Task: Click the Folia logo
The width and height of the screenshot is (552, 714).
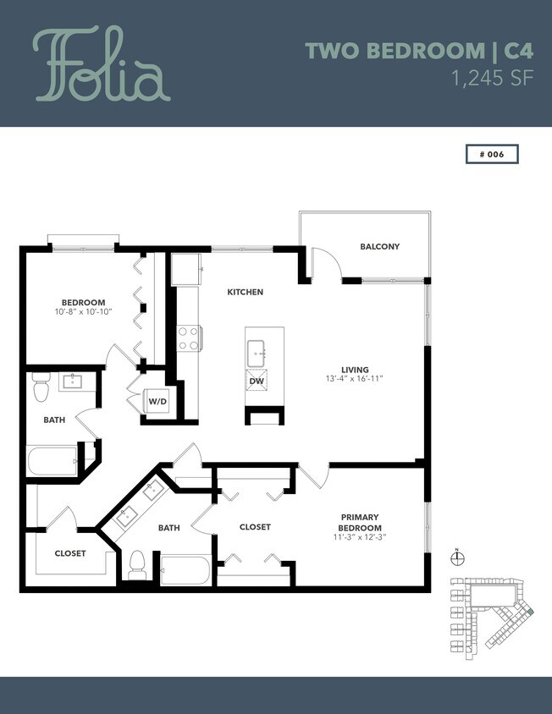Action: pos(102,64)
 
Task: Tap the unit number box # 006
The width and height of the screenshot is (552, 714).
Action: pos(491,154)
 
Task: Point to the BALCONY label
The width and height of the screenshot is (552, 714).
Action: pos(379,247)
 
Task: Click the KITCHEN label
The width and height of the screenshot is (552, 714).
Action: pos(245,292)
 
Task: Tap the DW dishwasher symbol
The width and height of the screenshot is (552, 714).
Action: pos(256,382)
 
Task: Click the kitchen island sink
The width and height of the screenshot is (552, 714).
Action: pos(256,349)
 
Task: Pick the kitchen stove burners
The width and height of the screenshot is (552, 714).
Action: pos(187,338)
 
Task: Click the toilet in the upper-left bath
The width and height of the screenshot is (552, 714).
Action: pos(41,388)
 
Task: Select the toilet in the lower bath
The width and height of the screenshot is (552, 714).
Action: pos(138,567)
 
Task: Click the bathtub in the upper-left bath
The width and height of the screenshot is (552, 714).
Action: pos(53,462)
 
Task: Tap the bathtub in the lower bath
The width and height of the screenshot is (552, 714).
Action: pos(185,569)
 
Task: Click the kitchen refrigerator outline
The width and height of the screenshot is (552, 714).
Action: pos(185,269)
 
